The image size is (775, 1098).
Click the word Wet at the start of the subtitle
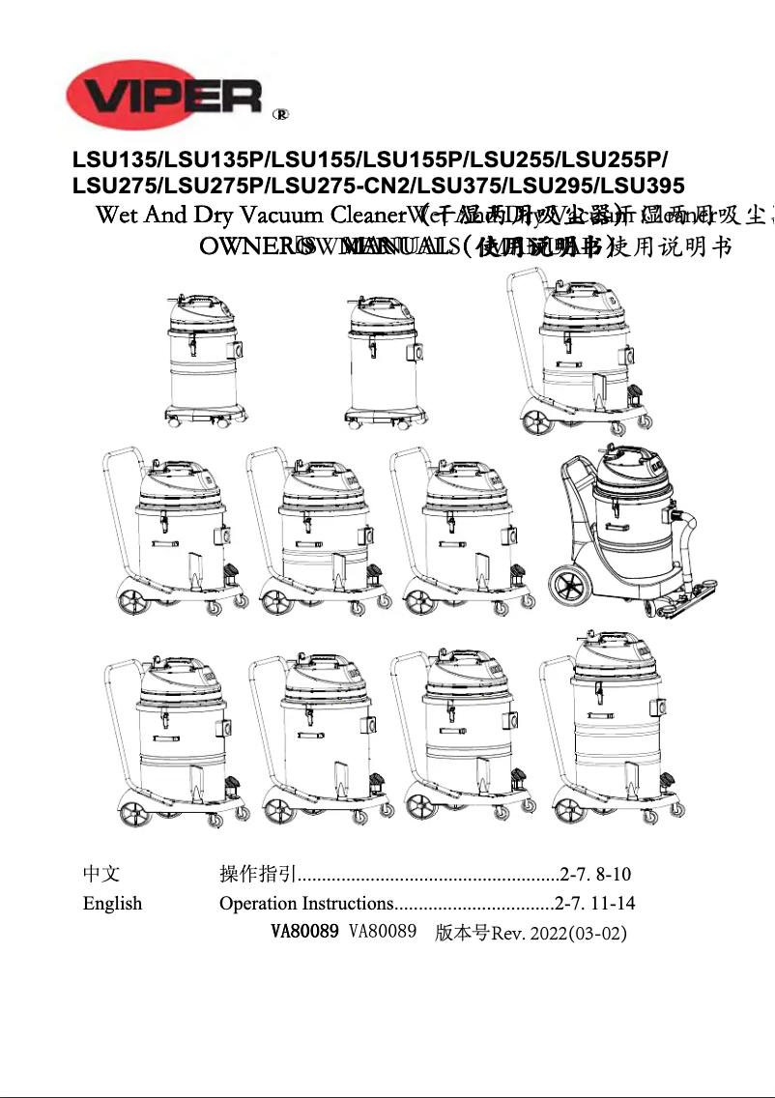(117, 215)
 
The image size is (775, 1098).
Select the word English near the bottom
(112, 904)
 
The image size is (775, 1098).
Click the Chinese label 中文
(101, 875)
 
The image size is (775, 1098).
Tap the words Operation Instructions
(304, 904)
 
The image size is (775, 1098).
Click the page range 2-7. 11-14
(594, 904)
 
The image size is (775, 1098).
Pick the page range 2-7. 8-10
(595, 875)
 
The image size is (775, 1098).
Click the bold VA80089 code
(303, 933)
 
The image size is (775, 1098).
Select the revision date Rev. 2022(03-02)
(559, 934)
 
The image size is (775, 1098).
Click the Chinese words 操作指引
(257, 875)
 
